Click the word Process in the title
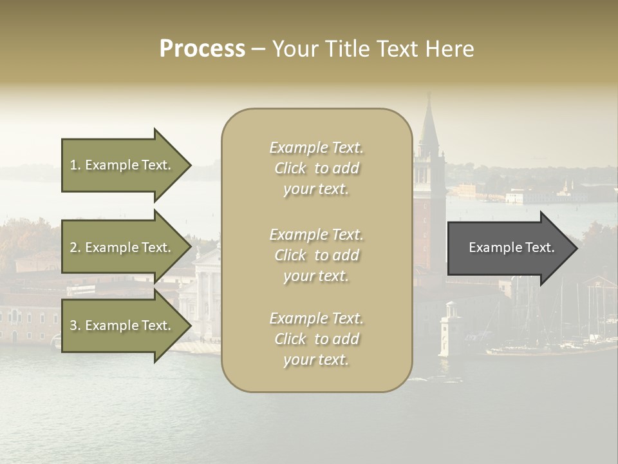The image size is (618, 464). [x=202, y=49]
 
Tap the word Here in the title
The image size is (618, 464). [x=449, y=49]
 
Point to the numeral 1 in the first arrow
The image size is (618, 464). [x=73, y=166]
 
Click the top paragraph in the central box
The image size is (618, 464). [x=316, y=168]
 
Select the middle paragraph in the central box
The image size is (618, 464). [x=316, y=255]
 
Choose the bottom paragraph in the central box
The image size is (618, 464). [x=316, y=339]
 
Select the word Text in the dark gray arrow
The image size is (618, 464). [x=539, y=248]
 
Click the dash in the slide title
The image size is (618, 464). [x=257, y=49]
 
